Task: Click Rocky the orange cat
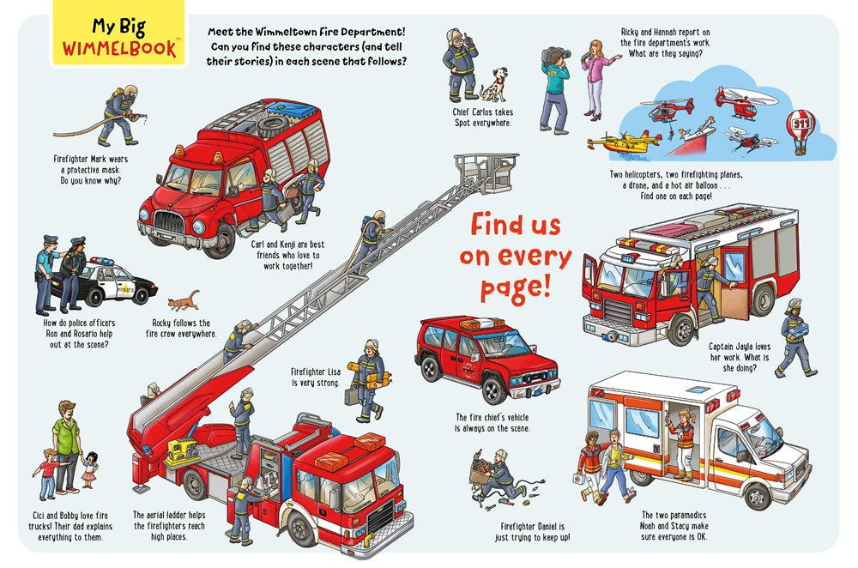(x=184, y=301)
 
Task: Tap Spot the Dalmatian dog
(x=493, y=85)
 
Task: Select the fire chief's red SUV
(x=486, y=356)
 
